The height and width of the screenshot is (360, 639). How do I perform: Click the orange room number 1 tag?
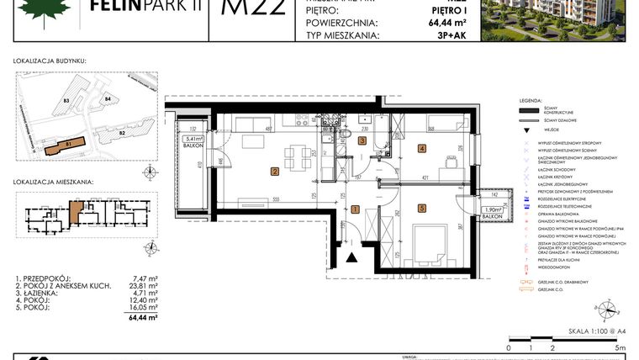pyautogui.click(x=356, y=209)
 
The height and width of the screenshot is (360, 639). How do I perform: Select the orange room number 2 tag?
pyautogui.click(x=275, y=172)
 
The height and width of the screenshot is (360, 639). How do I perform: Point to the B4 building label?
pyautogui.click(x=108, y=99)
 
